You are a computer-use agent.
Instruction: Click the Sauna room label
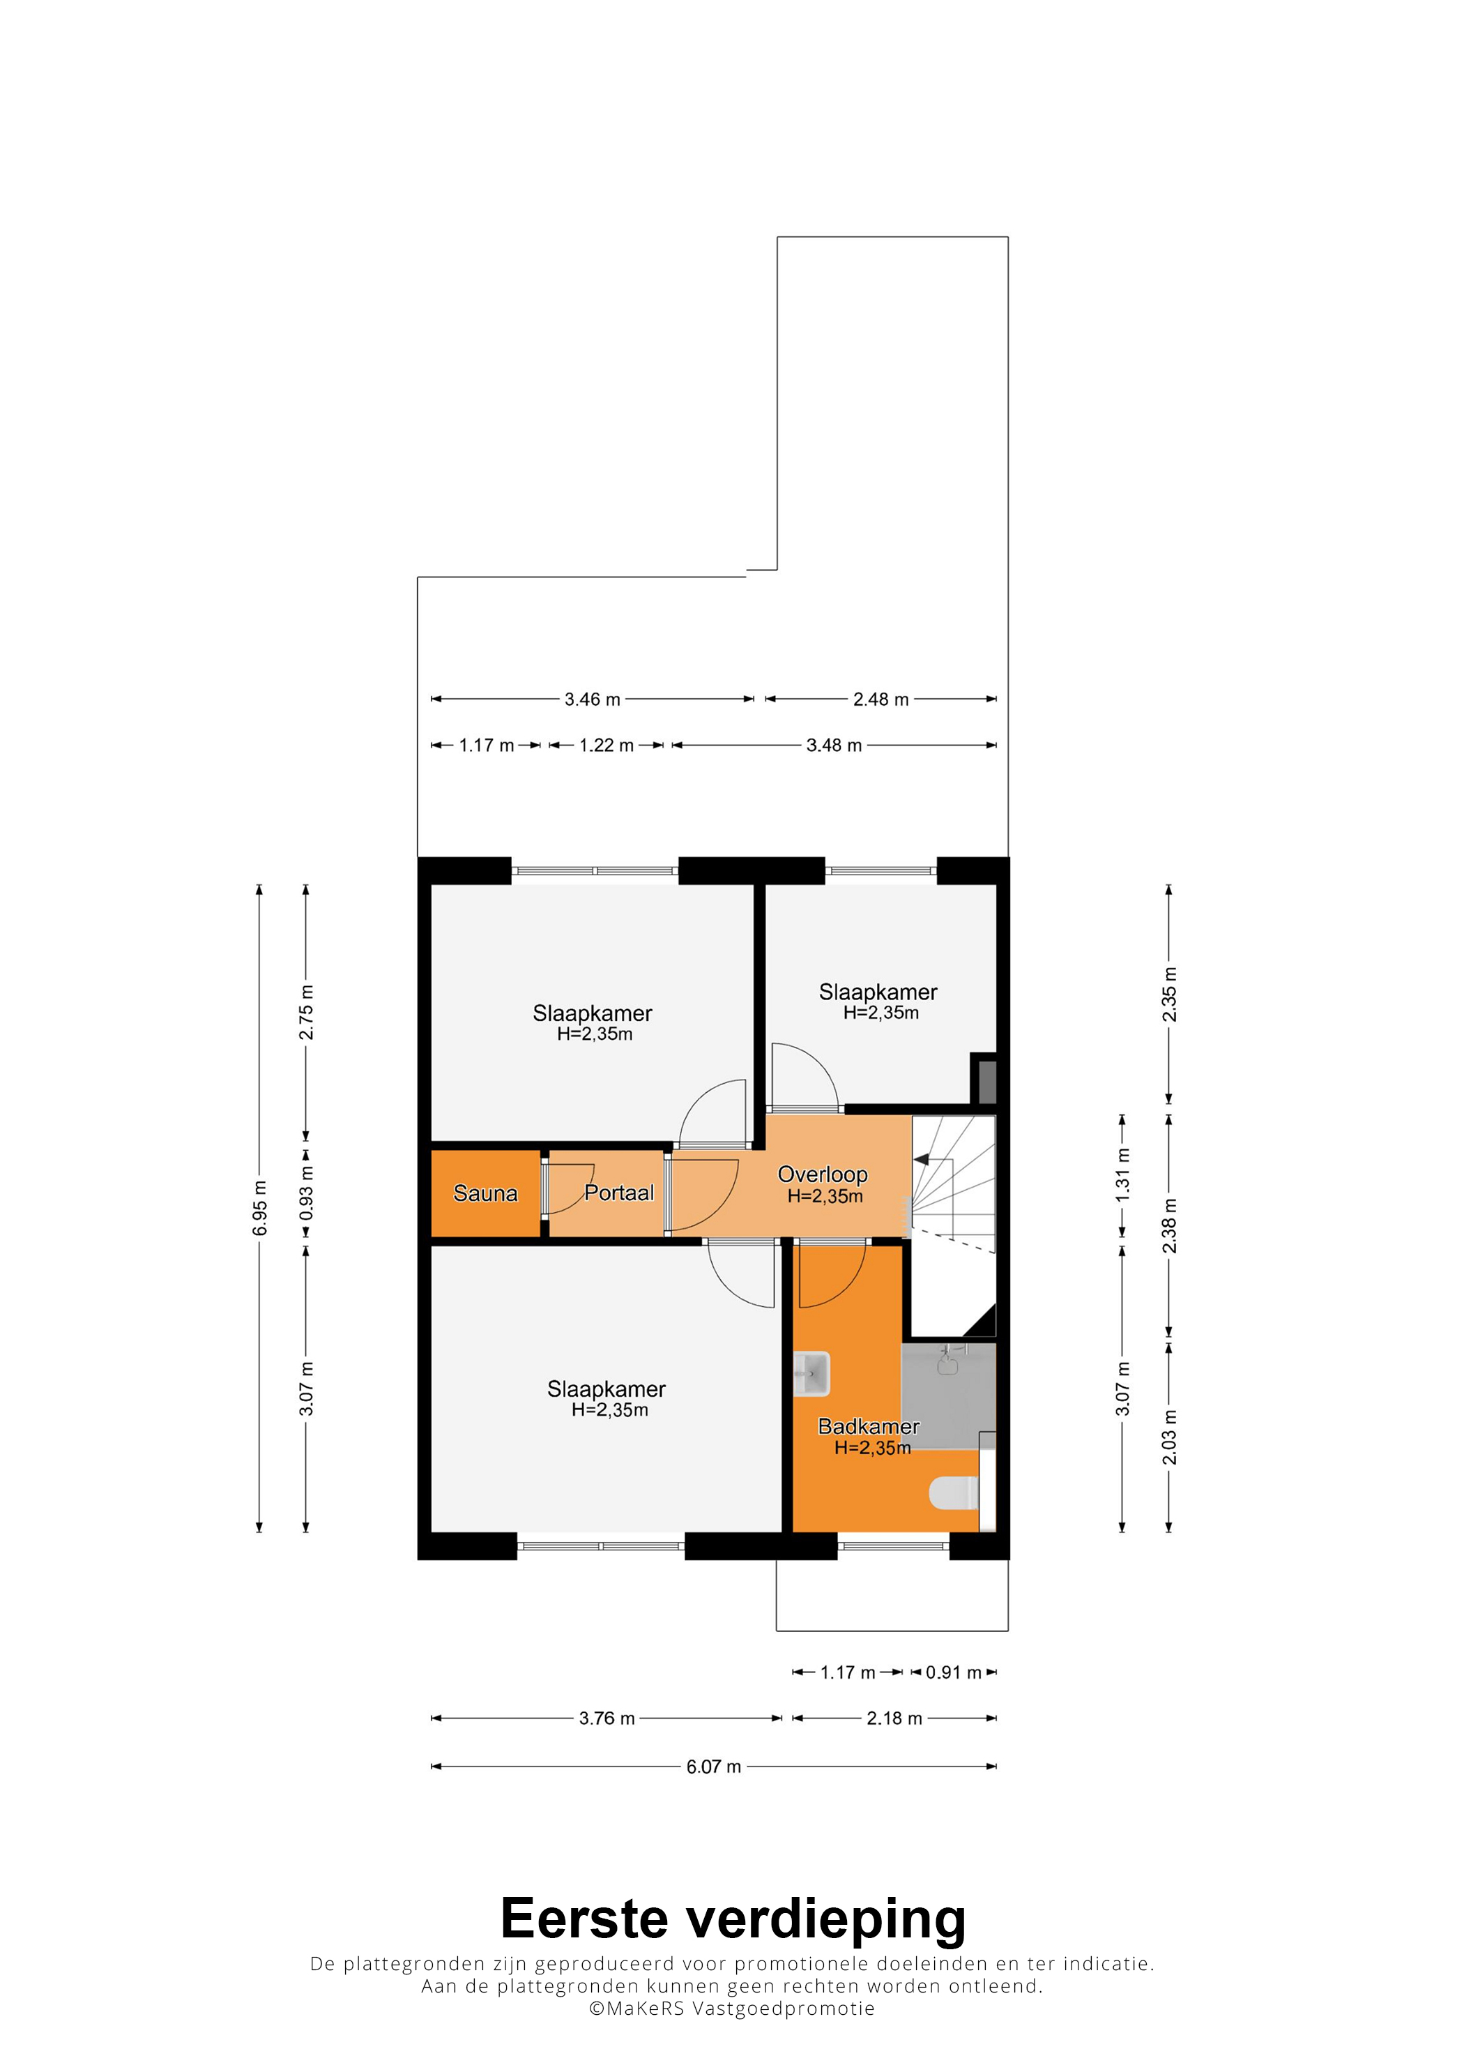485,1193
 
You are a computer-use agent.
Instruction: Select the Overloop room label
823,1174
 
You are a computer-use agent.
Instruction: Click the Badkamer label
869,1426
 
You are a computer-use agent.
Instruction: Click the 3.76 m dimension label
607,1718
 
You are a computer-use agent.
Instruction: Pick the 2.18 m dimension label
895,1718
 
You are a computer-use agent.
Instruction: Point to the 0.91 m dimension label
954,1672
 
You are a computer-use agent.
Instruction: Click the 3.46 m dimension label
593,700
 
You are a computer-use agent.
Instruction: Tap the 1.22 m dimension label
607,746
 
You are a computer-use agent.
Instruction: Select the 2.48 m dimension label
881,700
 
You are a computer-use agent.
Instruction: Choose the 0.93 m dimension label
307,1193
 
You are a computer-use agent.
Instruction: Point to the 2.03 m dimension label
1169,1437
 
